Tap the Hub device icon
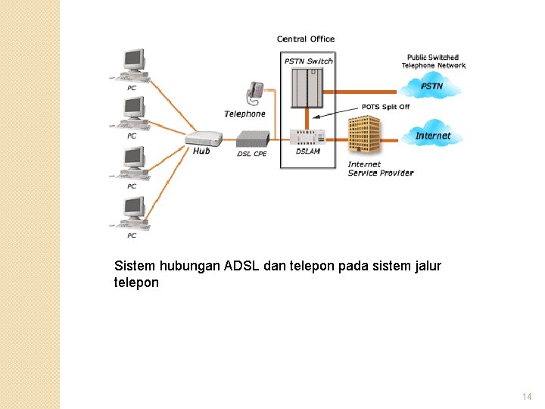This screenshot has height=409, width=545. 204,138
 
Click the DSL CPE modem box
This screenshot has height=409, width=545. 252,139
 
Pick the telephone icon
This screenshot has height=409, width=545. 254,94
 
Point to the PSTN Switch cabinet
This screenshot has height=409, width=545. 307,87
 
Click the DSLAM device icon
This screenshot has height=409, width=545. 308,136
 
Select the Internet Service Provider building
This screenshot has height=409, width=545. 364,136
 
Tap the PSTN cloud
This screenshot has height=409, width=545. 432,86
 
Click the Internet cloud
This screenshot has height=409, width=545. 433,136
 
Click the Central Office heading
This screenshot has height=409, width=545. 306,39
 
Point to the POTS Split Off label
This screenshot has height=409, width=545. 385,108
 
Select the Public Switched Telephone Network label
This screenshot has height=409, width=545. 434,61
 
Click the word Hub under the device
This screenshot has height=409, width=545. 201,151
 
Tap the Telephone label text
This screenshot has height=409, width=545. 245,114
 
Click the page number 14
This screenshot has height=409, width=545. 527,397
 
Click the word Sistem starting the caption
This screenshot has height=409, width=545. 134,266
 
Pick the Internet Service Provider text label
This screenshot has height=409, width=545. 380,169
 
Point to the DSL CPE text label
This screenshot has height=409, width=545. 252,154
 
